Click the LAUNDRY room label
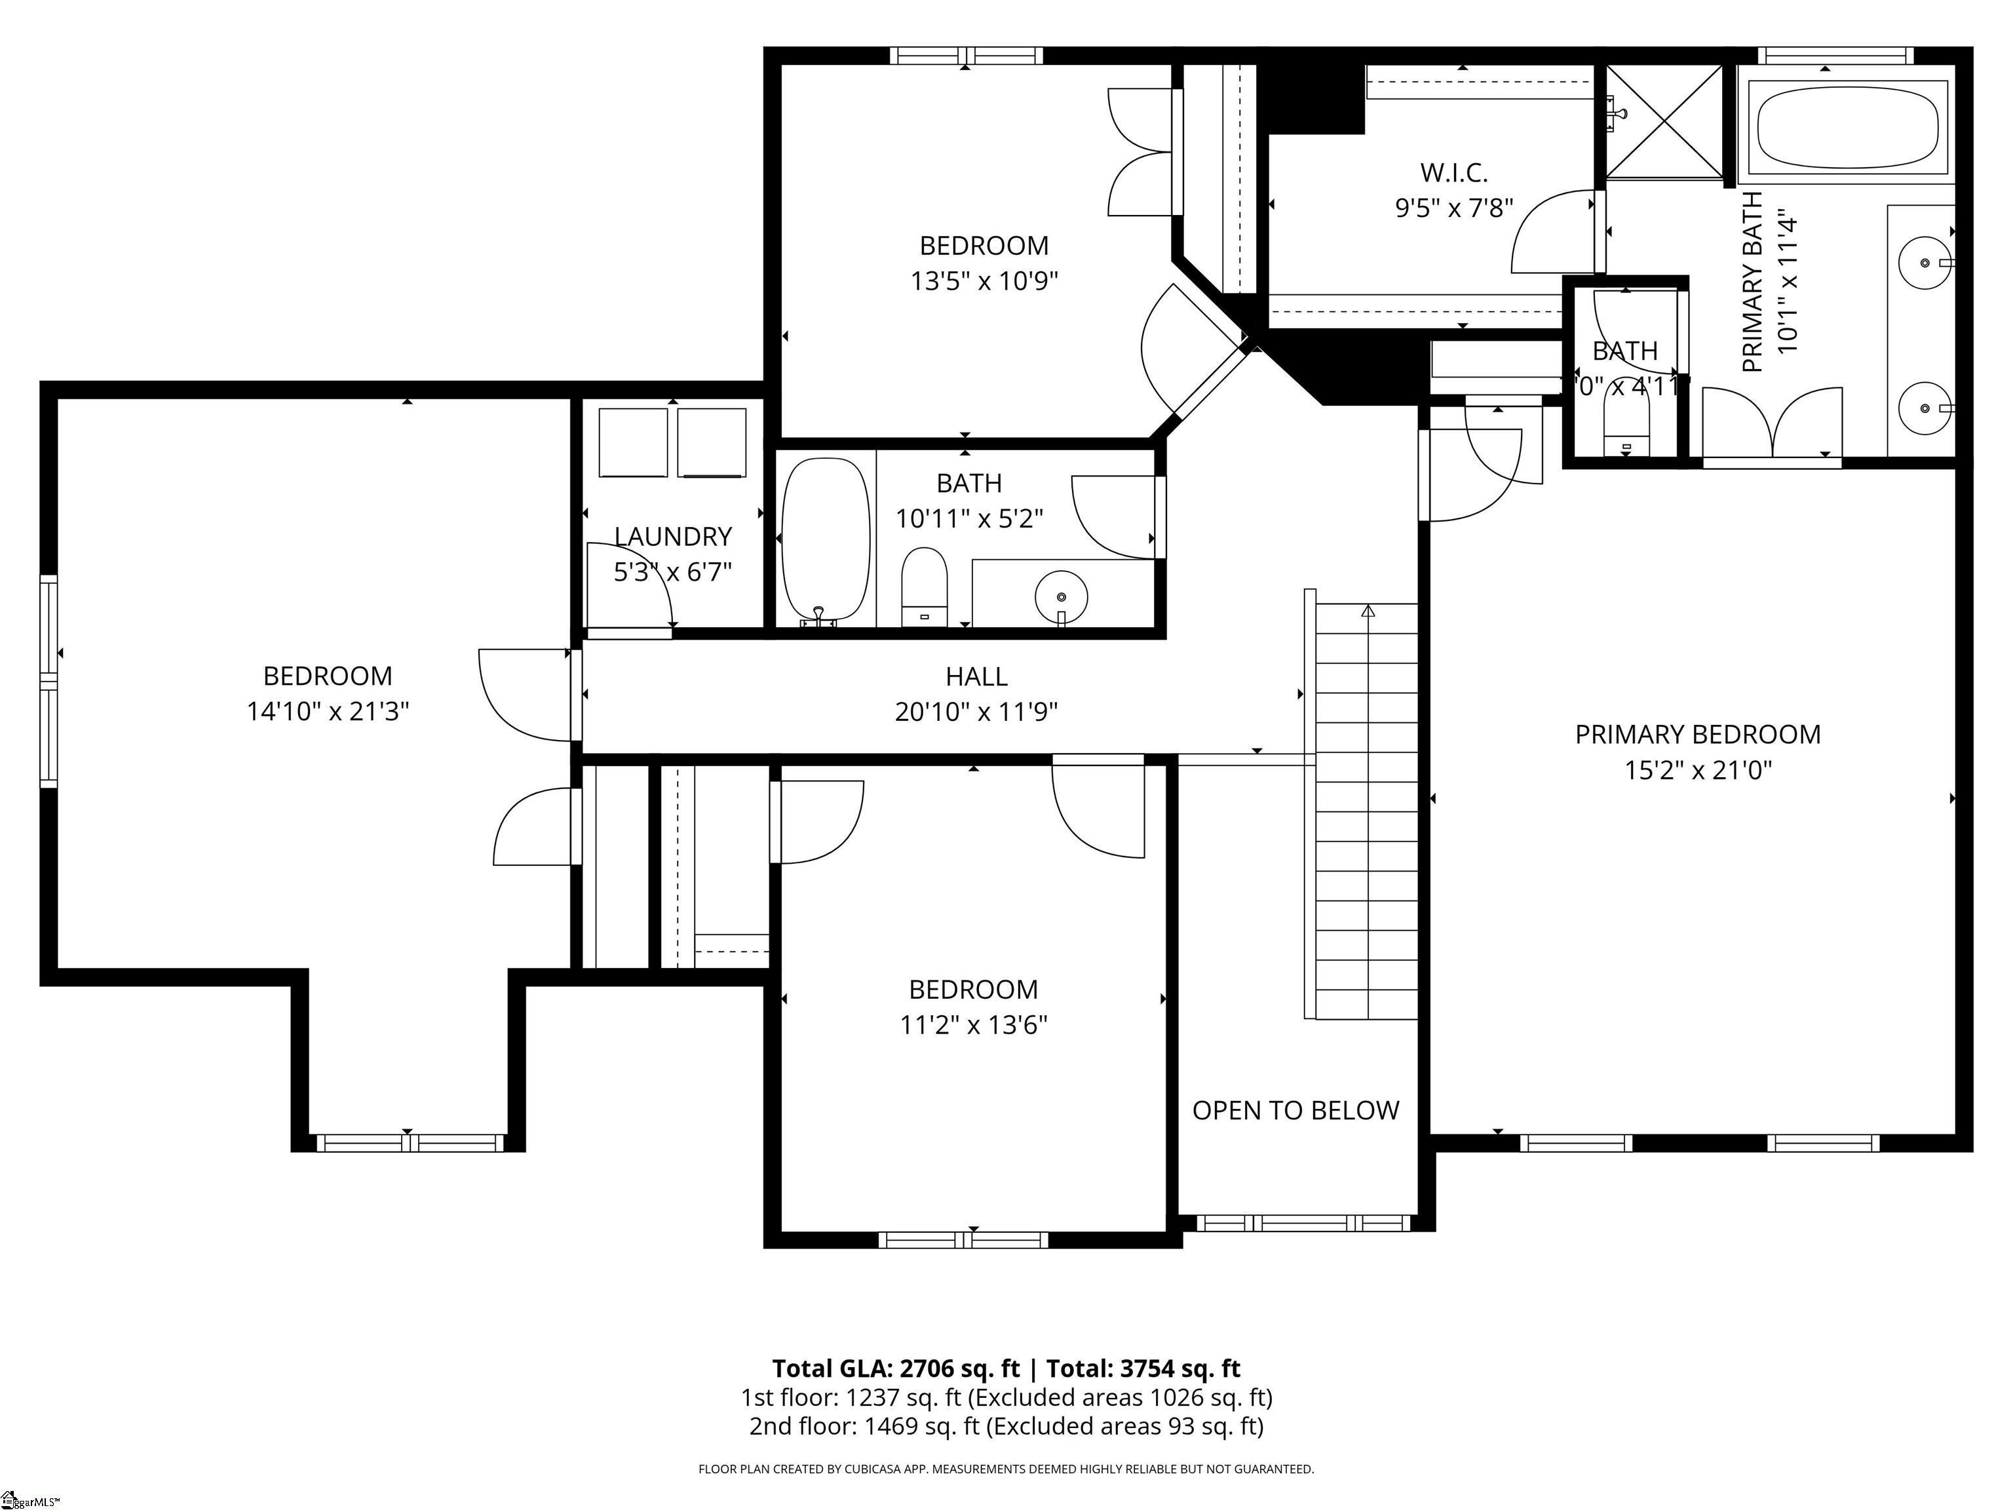pyautogui.click(x=672, y=537)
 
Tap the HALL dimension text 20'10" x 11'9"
pyautogui.click(x=976, y=712)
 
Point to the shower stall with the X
pyautogui.click(x=1664, y=122)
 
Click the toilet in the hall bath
pyautogui.click(x=924, y=587)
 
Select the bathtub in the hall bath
pyautogui.click(x=826, y=539)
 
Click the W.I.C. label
pyautogui.click(x=1453, y=172)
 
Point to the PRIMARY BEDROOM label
pyautogui.click(x=1697, y=735)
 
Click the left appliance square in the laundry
pyautogui.click(x=634, y=442)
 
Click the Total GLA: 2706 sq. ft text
pyautogui.click(x=896, y=1369)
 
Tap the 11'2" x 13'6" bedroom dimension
pyautogui.click(x=973, y=1026)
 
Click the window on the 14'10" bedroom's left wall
pyautogui.click(x=48, y=681)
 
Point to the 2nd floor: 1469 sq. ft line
pyautogui.click(x=1006, y=1426)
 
